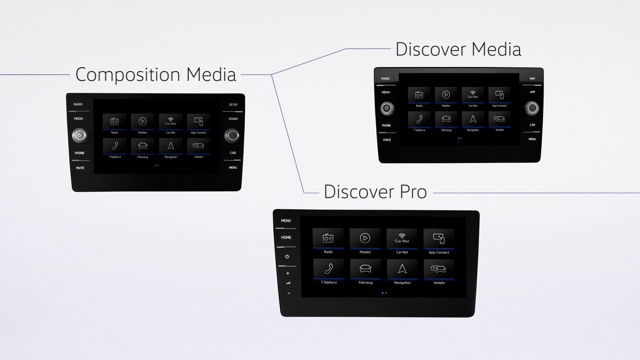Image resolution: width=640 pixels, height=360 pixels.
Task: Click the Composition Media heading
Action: click(156, 74)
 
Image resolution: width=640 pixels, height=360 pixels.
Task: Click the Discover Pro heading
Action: click(375, 192)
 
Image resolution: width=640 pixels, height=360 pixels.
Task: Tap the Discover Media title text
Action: click(458, 49)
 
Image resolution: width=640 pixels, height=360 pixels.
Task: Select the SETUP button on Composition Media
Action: click(233, 105)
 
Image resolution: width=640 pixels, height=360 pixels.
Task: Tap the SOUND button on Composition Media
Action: click(233, 119)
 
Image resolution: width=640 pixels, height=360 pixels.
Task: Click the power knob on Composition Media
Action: click(79, 135)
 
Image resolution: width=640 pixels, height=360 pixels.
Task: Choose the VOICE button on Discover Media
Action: click(387, 140)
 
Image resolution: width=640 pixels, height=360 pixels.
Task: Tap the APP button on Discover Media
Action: click(532, 92)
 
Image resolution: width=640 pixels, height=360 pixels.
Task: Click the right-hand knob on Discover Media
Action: click(532, 108)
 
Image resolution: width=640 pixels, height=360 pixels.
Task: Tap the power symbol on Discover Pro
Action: click(287, 257)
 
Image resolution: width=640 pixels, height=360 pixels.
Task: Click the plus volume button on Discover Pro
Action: click(288, 273)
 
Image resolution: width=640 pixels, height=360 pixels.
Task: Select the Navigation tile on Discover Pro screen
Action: click(402, 272)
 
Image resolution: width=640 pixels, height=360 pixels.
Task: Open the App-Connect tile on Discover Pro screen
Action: click(439, 241)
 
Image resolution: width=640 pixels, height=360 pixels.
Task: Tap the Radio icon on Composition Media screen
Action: click(114, 122)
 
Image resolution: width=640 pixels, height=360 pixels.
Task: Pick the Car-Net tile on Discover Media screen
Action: click(473, 97)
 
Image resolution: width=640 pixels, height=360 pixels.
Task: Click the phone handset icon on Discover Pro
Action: click(329, 268)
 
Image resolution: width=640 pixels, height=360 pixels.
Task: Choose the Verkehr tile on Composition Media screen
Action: click(199, 148)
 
